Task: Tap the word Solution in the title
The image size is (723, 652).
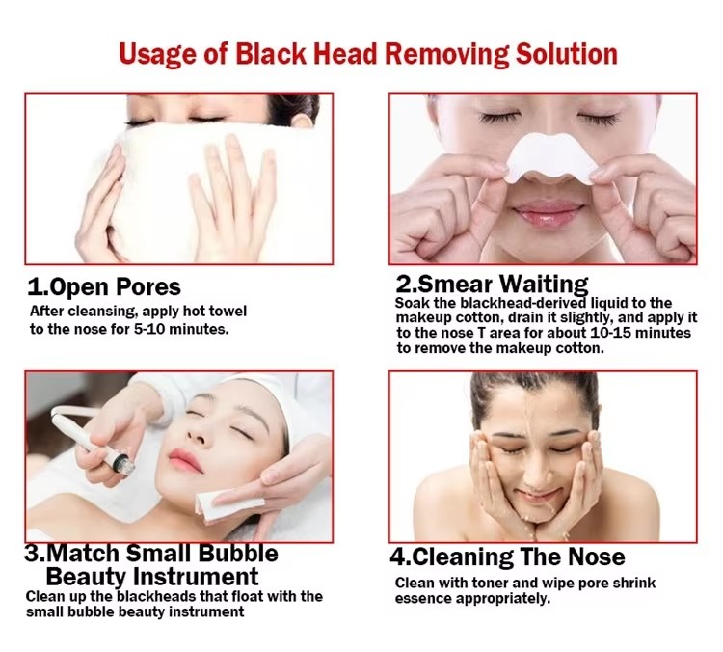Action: pos(566,53)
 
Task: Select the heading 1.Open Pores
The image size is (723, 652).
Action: pos(104,287)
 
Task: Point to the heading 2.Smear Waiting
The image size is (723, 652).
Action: pos(492,285)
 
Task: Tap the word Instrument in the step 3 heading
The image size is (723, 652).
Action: pos(196,577)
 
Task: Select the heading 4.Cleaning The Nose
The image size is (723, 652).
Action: pos(507,557)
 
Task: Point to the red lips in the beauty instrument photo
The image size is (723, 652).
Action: pos(185,460)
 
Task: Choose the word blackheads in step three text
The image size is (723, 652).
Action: pos(156,597)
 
